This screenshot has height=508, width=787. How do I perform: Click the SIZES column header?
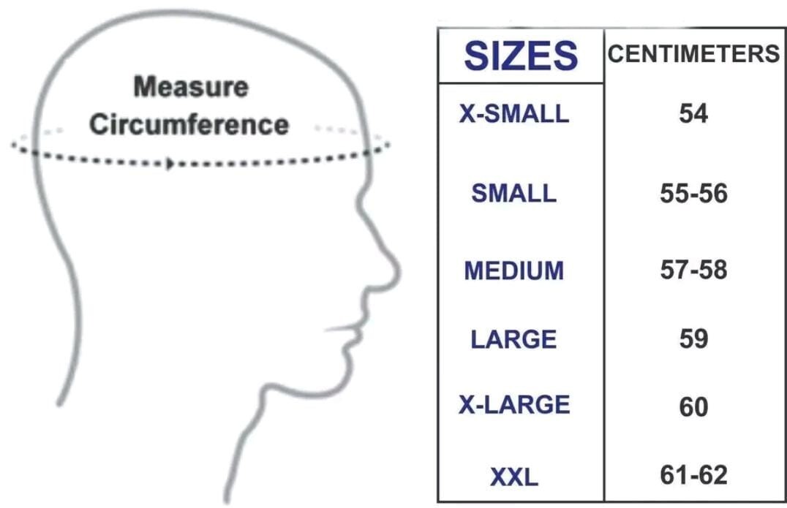pos(521,56)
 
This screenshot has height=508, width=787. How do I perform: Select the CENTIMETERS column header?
pos(693,54)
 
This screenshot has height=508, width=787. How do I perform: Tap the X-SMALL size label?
pos(513,114)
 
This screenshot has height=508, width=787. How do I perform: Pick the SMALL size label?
pos(513,193)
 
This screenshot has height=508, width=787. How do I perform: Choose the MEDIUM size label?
pos(513,270)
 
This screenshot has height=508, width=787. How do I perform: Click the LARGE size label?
pos(513,339)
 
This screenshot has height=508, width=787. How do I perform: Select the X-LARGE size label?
pos(513,405)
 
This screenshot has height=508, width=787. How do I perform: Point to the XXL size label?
pos(513,477)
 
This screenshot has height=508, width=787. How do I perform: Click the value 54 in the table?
pos(693,114)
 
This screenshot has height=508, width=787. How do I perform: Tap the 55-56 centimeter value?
pos(693,194)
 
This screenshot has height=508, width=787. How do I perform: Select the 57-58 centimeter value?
pos(693,270)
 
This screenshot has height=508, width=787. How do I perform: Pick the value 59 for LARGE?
pos(693,339)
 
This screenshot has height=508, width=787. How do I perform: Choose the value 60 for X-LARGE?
pos(693,406)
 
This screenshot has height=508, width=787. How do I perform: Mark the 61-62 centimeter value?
pos(693,475)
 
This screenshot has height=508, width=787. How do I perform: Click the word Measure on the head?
pos(191,87)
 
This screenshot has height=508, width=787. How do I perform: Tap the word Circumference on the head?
pos(189,124)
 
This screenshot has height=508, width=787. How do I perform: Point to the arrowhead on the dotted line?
pos(170,163)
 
